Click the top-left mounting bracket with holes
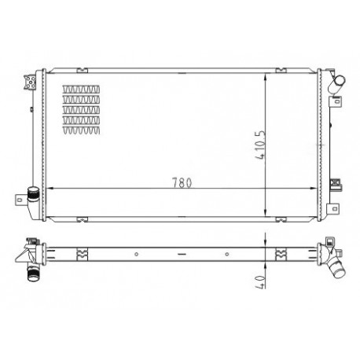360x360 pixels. click(31, 82)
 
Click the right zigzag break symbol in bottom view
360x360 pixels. click(279, 253)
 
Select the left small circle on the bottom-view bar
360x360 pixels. click(136, 253)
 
